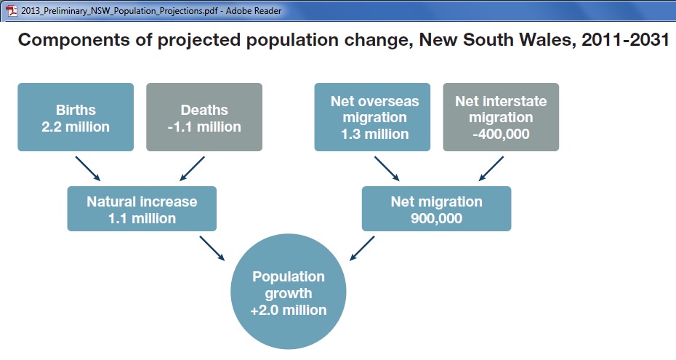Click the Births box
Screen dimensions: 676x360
click(76, 117)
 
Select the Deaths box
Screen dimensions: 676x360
click(204, 117)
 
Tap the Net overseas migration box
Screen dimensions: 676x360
click(372, 117)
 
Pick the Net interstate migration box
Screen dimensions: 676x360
click(501, 117)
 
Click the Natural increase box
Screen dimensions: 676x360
click(142, 209)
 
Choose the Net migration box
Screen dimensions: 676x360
click(436, 209)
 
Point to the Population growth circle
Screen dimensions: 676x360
click(289, 292)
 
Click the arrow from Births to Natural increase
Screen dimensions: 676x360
click(88, 169)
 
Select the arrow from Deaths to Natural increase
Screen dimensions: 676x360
click(193, 169)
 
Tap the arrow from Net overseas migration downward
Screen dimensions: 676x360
click(387, 169)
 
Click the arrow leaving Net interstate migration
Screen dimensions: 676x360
click(491, 169)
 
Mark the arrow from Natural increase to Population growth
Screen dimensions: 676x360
click(212, 248)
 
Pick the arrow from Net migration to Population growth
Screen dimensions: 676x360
click(362, 248)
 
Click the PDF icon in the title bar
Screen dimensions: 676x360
click(12, 10)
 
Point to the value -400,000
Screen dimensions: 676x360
click(501, 134)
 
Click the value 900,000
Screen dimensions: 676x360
click(436, 219)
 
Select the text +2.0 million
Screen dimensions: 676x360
click(289, 310)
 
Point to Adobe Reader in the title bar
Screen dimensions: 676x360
click(254, 10)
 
